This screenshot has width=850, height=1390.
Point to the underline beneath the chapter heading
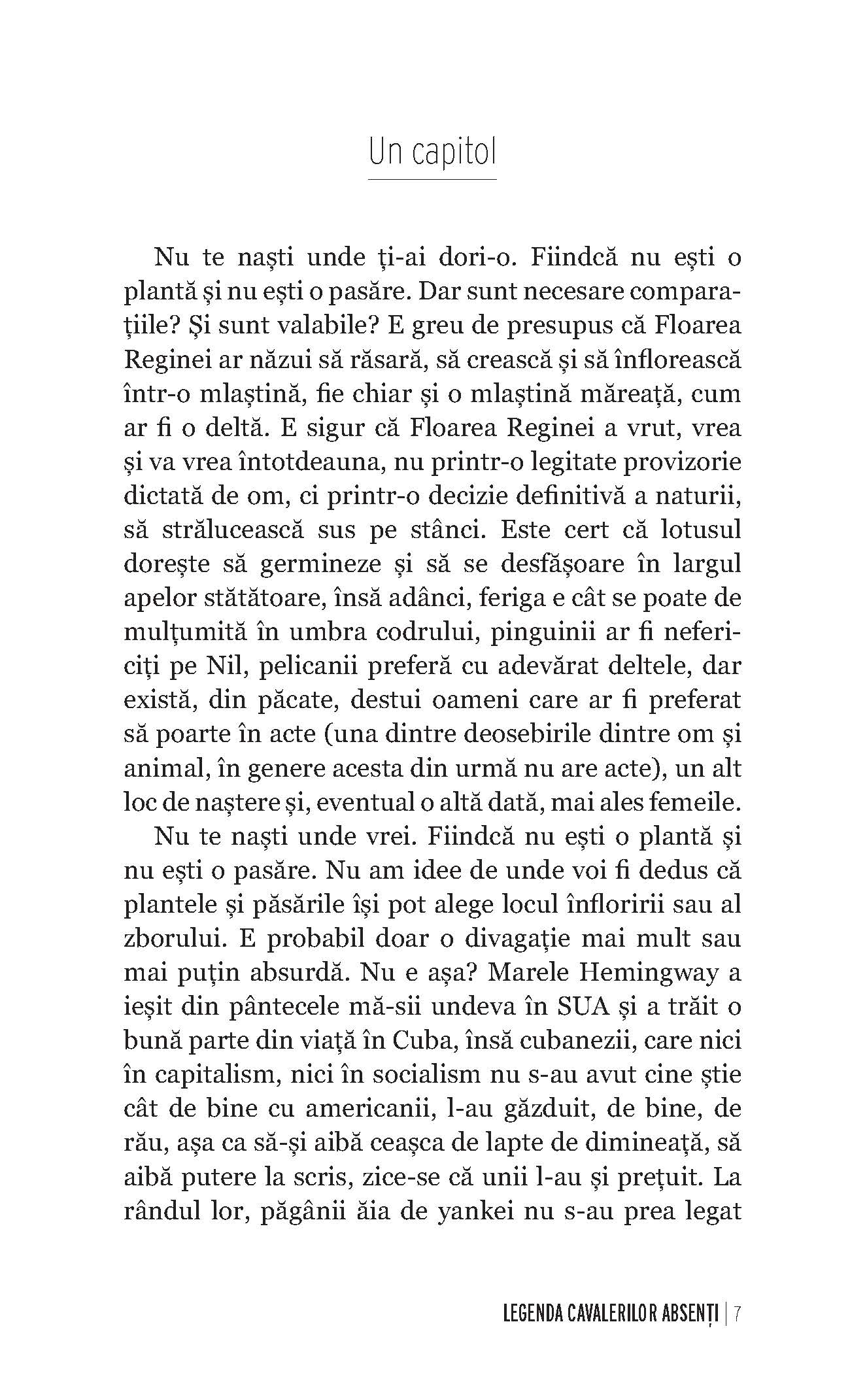432,178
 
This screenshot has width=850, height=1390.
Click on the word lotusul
701,530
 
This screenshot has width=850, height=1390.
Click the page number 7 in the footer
737,1312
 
